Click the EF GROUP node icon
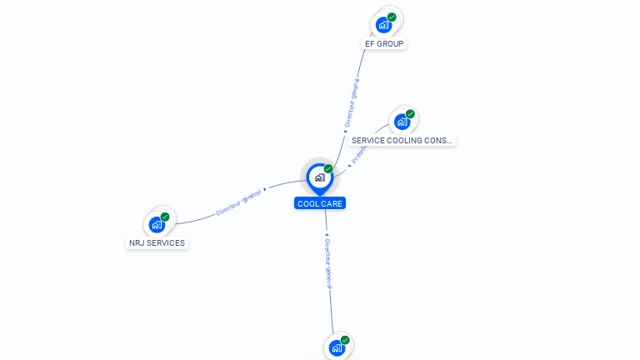[383, 24]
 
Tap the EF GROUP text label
[385, 43]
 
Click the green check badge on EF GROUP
[392, 17]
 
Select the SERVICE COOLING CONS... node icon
[402, 122]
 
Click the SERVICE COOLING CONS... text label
[402, 141]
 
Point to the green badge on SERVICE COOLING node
[410, 114]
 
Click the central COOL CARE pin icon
[319, 177]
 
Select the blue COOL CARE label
[319, 203]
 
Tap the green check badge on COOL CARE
[328, 168]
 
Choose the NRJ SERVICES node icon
[157, 224]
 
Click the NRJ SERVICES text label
[157, 243]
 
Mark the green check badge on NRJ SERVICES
[165, 217]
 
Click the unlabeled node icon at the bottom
[337, 347]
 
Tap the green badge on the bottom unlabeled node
[345, 340]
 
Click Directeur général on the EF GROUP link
[352, 102]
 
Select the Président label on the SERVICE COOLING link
[357, 153]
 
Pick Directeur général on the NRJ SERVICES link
[239, 201]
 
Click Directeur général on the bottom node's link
[327, 262]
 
